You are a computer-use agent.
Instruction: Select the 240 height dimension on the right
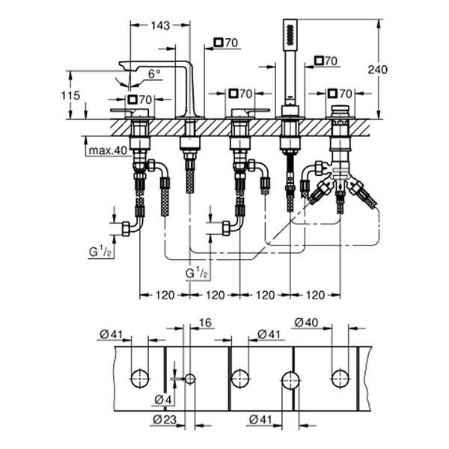pyautogui.click(x=378, y=69)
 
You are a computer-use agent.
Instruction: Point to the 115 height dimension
pyautogui.click(x=71, y=96)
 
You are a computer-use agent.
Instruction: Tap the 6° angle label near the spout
pyautogui.click(x=153, y=73)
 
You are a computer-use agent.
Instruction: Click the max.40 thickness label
pyautogui.click(x=105, y=150)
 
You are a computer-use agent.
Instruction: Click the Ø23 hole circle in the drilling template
pyautogui.click(x=190, y=379)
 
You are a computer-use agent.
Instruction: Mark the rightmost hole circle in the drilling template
pyautogui.click(x=340, y=378)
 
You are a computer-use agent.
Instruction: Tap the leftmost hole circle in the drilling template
pyautogui.click(x=139, y=378)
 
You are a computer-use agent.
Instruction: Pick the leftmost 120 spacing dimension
pyautogui.click(x=164, y=295)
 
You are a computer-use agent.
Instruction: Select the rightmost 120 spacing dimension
pyautogui.click(x=315, y=295)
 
